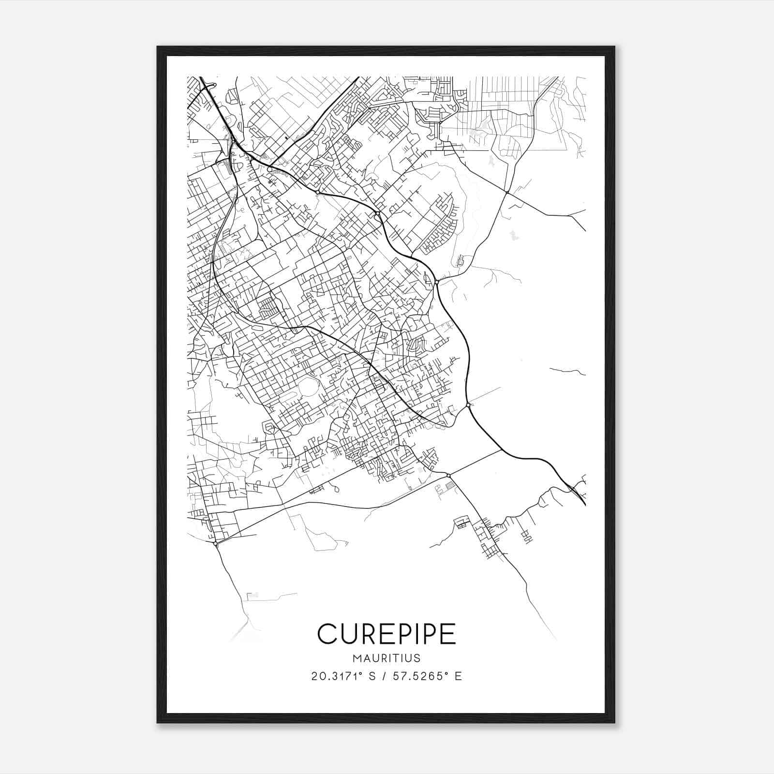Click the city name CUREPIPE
pyautogui.click(x=387, y=633)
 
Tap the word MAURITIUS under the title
pyautogui.click(x=387, y=658)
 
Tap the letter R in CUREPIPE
pyautogui.click(x=363, y=633)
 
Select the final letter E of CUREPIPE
pyautogui.click(x=448, y=633)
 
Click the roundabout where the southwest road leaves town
pyautogui.click(x=215, y=544)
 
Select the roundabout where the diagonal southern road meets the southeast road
pyautogui.click(x=448, y=476)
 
